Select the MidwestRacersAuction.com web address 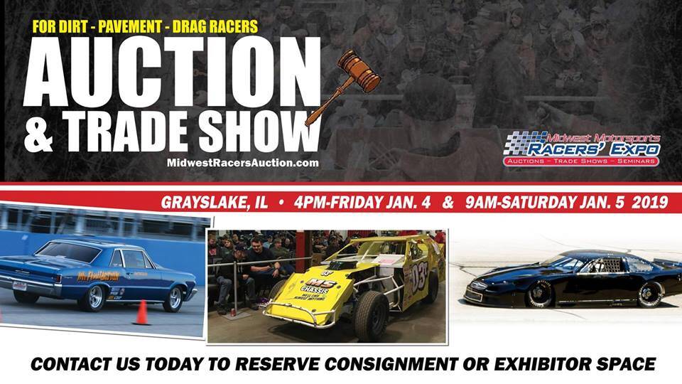[x=242, y=163]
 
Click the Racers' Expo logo [x=582, y=149]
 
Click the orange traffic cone [x=141, y=312]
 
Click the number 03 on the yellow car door [x=418, y=274]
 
